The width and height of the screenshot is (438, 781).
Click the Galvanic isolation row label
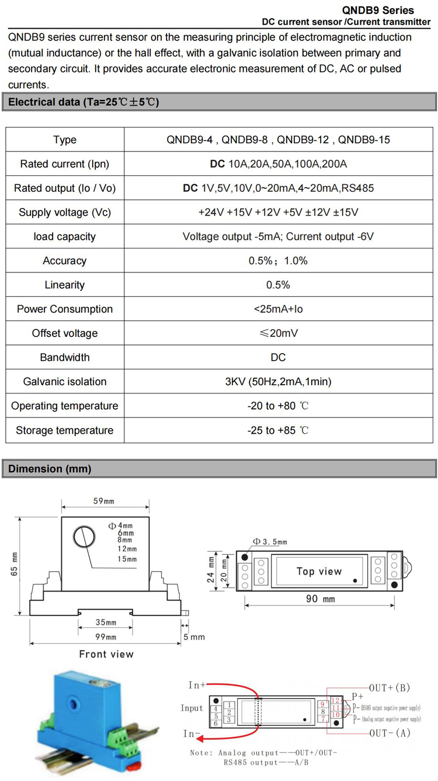tap(65, 382)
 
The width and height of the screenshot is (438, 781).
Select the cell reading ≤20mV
tap(278, 333)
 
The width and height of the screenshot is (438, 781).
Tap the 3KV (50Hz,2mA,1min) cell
tap(278, 382)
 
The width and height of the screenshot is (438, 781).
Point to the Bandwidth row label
tap(65, 357)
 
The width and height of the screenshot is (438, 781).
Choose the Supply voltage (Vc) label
tap(65, 212)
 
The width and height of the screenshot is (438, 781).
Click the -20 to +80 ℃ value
tap(278, 406)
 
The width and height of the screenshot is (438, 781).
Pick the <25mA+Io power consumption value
tap(278, 309)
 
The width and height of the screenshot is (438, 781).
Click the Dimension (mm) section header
tap(50, 469)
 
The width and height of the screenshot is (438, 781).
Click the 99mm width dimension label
tap(106, 637)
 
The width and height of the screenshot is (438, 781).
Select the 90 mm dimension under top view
tap(321, 599)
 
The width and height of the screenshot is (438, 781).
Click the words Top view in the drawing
tap(319, 571)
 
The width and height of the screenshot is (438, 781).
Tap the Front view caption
tap(106, 654)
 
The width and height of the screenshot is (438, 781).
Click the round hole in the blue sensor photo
tap(75, 699)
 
